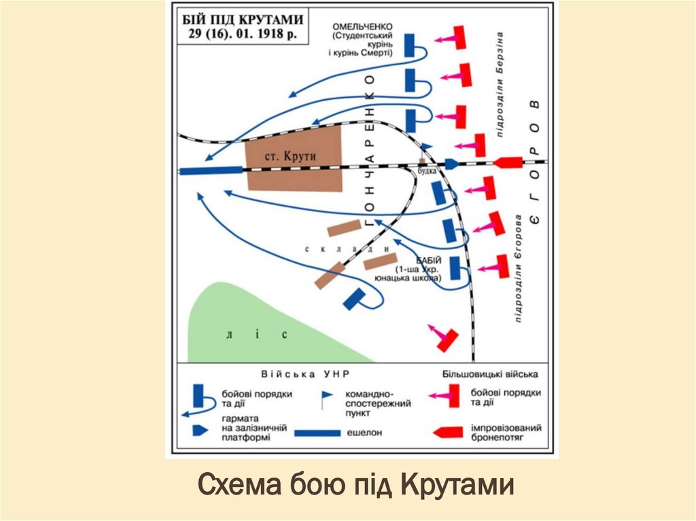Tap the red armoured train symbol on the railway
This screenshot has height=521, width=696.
(508, 162)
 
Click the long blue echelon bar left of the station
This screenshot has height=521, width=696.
(211, 170)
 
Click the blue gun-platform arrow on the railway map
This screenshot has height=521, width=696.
(452, 164)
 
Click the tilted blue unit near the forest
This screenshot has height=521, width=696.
(355, 298)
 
